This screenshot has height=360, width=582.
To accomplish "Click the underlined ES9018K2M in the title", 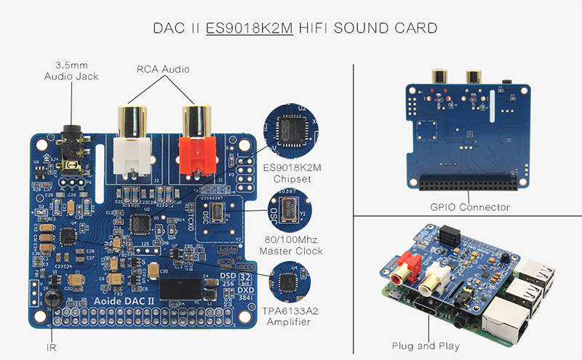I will pos(250,29).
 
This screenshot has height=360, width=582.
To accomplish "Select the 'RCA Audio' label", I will pos(163,70).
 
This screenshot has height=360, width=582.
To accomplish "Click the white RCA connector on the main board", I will pos(132,142).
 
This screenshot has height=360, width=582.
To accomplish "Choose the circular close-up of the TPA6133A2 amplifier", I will pos(290,279).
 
